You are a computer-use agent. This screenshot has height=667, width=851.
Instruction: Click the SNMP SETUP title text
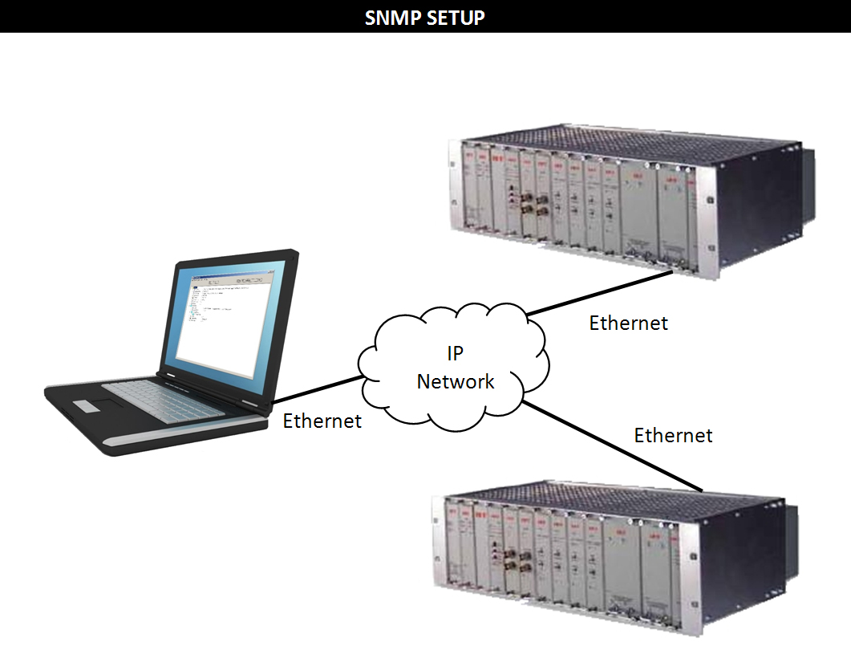(x=425, y=17)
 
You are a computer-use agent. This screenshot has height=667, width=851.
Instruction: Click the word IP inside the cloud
(x=456, y=354)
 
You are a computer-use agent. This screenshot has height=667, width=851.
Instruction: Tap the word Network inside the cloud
(x=456, y=381)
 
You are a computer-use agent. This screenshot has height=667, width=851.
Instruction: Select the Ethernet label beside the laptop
(x=322, y=421)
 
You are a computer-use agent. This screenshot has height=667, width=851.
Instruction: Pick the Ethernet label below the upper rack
(x=628, y=323)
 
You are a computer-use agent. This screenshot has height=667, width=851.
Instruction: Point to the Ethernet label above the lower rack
(x=673, y=436)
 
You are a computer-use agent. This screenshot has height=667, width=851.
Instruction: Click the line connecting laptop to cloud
(x=316, y=389)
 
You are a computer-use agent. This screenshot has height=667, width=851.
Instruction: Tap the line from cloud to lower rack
(x=613, y=445)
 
